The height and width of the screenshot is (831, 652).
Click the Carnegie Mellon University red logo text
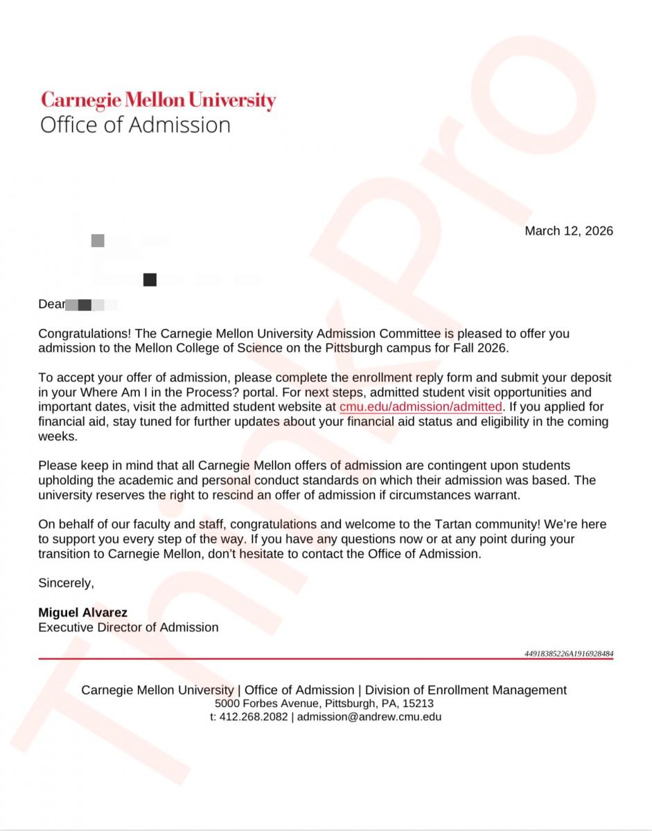click(158, 100)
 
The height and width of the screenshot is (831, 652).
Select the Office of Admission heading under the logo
click(135, 125)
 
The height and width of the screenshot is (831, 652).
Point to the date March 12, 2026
click(568, 231)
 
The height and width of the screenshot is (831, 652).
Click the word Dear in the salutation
click(51, 304)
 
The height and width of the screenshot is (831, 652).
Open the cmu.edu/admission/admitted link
click(421, 406)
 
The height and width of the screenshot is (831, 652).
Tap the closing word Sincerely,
click(66, 583)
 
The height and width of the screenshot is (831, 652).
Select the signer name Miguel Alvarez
click(82, 613)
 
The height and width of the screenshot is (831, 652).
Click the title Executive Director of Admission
click(128, 628)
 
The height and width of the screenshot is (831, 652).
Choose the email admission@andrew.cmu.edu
click(369, 717)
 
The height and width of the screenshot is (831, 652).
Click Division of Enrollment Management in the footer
click(466, 690)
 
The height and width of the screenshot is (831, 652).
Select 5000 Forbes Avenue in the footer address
click(256, 704)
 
